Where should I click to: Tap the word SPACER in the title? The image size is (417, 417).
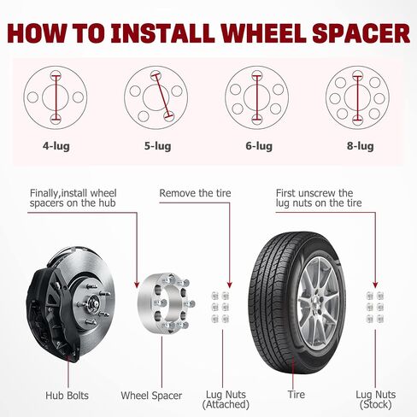(x=361, y=33)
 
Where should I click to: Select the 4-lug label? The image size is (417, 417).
(x=56, y=146)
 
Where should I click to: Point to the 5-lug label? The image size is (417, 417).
(x=157, y=146)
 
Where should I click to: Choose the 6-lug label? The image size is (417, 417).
(x=259, y=146)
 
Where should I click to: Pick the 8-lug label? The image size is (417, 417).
(x=361, y=146)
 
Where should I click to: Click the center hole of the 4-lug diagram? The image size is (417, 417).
(x=56, y=97)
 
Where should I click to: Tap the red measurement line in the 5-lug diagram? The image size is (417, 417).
(x=162, y=96)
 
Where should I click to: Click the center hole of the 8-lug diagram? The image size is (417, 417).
(x=357, y=97)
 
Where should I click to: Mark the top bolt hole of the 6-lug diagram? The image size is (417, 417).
(x=257, y=75)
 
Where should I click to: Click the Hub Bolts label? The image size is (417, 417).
(x=67, y=396)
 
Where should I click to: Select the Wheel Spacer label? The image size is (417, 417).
(x=151, y=396)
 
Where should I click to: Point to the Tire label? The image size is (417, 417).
(x=297, y=395)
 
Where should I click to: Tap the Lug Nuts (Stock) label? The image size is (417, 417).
(x=376, y=399)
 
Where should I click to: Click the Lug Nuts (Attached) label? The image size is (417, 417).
(x=226, y=399)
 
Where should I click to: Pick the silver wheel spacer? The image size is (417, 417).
(x=166, y=303)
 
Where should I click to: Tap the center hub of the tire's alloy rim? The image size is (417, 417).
(x=317, y=302)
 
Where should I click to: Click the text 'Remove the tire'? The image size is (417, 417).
(x=195, y=193)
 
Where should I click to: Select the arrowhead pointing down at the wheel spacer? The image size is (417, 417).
(x=137, y=285)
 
